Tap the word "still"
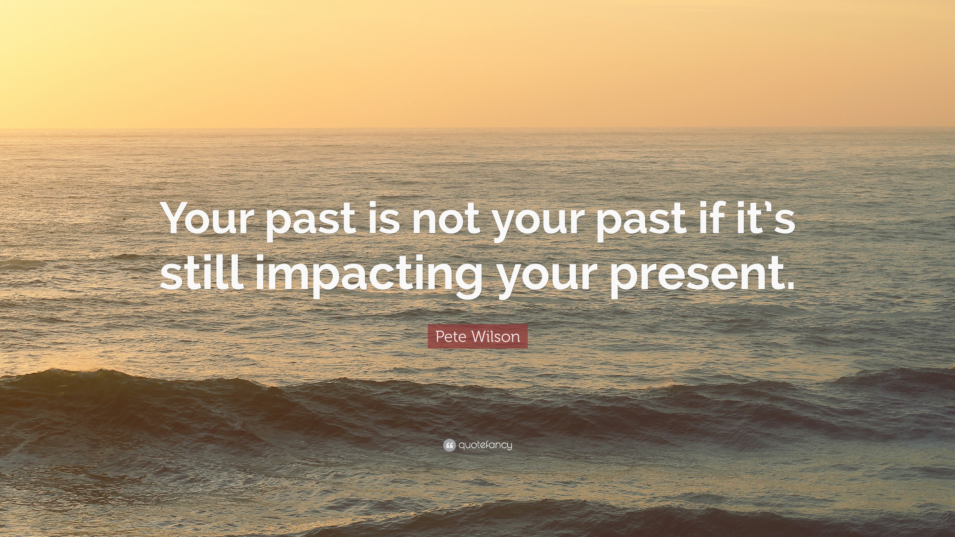pyautogui.click(x=202, y=272)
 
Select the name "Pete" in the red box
pyautogui.click(x=447, y=337)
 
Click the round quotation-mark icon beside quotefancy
pyautogui.click(x=449, y=445)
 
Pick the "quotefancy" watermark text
pyautogui.click(x=485, y=445)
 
